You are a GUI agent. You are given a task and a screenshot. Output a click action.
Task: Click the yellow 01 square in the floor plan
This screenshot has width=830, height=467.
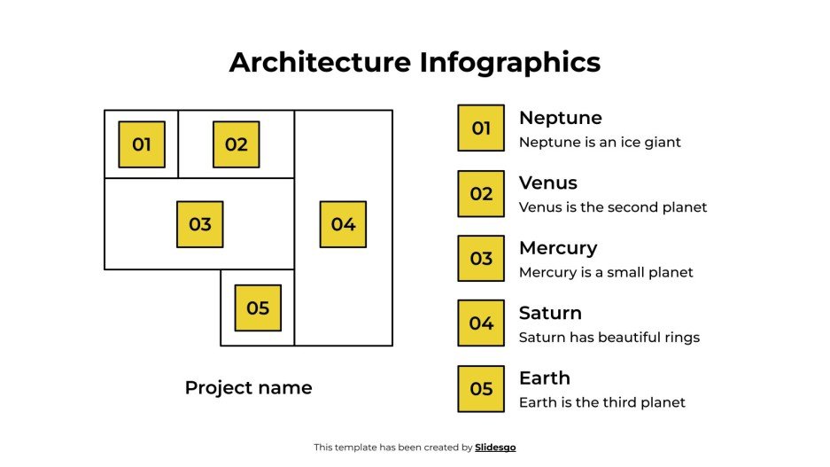pyautogui.click(x=142, y=144)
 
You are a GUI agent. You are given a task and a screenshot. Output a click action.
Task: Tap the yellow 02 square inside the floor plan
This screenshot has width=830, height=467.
pyautogui.click(x=236, y=144)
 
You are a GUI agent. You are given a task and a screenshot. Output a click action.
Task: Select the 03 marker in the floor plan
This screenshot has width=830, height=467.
pyautogui.click(x=200, y=224)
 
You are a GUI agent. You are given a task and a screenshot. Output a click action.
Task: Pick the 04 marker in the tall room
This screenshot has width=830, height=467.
pyautogui.click(x=343, y=224)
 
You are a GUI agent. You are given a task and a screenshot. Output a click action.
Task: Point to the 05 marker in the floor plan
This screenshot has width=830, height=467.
pyautogui.click(x=258, y=307)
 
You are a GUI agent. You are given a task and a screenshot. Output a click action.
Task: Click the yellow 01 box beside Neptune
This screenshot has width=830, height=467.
pyautogui.click(x=481, y=128)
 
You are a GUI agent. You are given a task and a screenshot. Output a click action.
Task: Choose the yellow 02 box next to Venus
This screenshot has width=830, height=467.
pyautogui.click(x=481, y=193)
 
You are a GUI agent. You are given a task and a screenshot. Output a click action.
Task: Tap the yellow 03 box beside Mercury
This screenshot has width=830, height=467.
pyautogui.click(x=481, y=259)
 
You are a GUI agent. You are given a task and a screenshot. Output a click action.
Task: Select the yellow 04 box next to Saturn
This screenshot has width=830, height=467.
pyautogui.click(x=481, y=323)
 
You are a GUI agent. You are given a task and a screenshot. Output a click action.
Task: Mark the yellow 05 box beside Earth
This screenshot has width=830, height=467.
pyautogui.click(x=481, y=389)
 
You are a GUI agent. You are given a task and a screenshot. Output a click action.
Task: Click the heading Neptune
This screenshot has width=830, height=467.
pyautogui.click(x=560, y=118)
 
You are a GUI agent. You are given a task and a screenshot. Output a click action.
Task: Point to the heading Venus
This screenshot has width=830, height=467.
pyautogui.click(x=547, y=183)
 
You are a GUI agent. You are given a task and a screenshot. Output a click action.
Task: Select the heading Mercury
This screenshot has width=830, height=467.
pyautogui.click(x=558, y=248)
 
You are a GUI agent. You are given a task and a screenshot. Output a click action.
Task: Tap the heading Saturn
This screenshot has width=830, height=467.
pyautogui.click(x=550, y=313)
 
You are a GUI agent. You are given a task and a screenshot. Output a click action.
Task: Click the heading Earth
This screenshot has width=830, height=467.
pyautogui.click(x=544, y=378)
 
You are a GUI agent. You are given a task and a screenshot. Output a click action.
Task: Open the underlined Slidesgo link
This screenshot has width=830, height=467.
pyautogui.click(x=495, y=448)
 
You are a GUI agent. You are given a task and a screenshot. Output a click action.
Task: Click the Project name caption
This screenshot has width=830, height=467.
pyautogui.click(x=248, y=387)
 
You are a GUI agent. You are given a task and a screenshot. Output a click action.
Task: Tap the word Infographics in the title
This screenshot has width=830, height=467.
pyautogui.click(x=510, y=62)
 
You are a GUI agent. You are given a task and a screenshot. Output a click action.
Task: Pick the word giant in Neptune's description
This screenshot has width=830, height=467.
pyautogui.click(x=661, y=142)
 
